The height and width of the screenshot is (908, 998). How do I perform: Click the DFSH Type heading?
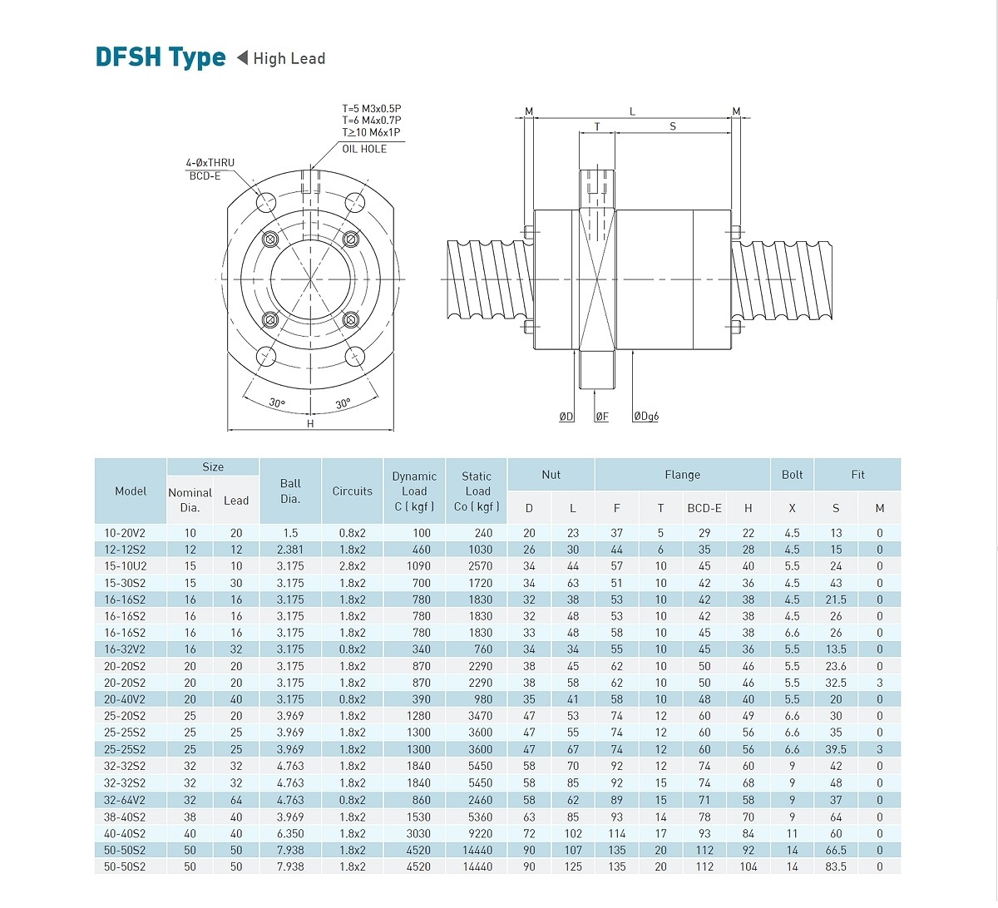(161, 57)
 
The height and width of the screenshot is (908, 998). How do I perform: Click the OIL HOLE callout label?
(364, 149)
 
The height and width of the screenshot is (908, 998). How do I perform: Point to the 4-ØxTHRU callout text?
(210, 163)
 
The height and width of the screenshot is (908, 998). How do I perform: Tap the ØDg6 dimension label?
(645, 416)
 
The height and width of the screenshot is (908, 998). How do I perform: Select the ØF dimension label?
(601, 417)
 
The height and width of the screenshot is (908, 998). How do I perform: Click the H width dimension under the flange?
(310, 423)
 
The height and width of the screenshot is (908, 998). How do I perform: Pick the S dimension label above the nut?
(673, 126)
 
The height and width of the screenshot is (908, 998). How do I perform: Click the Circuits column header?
(353, 491)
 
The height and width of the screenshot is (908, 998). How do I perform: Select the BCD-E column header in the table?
(704, 508)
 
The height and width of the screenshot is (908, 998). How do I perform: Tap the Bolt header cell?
(792, 475)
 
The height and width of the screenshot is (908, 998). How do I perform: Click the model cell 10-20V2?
(125, 533)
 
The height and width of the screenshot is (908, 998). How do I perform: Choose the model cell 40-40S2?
(125, 833)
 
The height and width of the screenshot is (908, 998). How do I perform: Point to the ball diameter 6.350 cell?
(290, 833)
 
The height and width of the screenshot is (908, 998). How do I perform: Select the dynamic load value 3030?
(418, 833)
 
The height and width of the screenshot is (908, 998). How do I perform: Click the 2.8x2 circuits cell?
(353, 566)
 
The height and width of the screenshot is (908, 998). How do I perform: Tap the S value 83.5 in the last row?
(836, 866)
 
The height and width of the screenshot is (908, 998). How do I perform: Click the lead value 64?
(236, 800)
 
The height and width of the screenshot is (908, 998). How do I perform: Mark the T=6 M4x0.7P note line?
(371, 121)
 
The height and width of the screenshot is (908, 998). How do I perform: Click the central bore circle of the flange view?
(310, 279)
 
